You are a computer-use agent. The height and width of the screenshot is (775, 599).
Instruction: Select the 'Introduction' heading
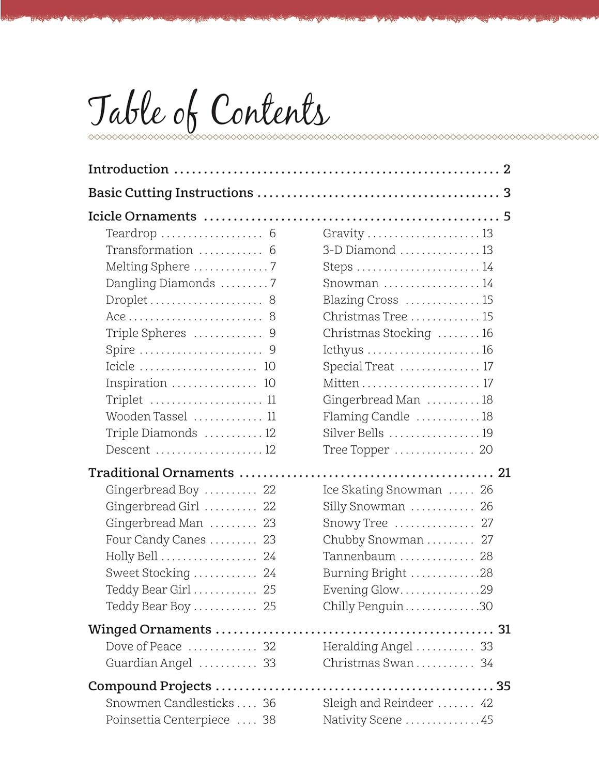click(x=128, y=169)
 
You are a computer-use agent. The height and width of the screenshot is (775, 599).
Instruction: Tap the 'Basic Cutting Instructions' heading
click(x=171, y=193)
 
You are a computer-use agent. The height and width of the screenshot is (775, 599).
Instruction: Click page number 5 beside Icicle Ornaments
click(x=507, y=216)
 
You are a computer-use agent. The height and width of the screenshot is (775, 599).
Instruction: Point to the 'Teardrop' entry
click(x=131, y=234)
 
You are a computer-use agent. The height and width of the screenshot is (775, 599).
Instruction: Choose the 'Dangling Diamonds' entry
click(x=160, y=283)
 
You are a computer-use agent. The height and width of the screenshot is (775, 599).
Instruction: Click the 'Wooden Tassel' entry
click(x=146, y=416)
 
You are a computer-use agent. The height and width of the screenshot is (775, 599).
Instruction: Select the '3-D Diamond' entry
click(x=359, y=250)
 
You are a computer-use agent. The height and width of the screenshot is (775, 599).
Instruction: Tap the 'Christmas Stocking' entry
click(x=377, y=333)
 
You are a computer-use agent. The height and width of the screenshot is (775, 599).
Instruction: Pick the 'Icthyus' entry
click(x=343, y=350)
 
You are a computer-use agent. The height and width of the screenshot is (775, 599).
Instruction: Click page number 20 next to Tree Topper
click(x=486, y=450)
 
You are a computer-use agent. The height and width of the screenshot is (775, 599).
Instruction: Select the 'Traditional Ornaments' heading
click(x=161, y=473)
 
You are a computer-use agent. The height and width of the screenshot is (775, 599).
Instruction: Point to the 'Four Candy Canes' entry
click(x=156, y=540)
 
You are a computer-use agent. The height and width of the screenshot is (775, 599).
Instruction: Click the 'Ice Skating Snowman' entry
click(x=382, y=490)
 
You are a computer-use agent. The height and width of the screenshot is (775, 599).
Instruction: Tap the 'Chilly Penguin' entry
click(x=363, y=607)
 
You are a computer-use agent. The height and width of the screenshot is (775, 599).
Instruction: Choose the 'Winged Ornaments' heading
click(x=149, y=629)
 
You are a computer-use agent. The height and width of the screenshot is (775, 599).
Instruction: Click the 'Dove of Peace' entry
click(x=144, y=646)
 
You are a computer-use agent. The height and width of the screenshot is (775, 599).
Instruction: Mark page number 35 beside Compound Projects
click(x=503, y=686)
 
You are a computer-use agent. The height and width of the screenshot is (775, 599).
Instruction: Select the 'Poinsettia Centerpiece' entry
click(x=167, y=720)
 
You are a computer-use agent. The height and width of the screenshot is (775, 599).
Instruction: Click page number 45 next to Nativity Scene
click(x=487, y=720)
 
